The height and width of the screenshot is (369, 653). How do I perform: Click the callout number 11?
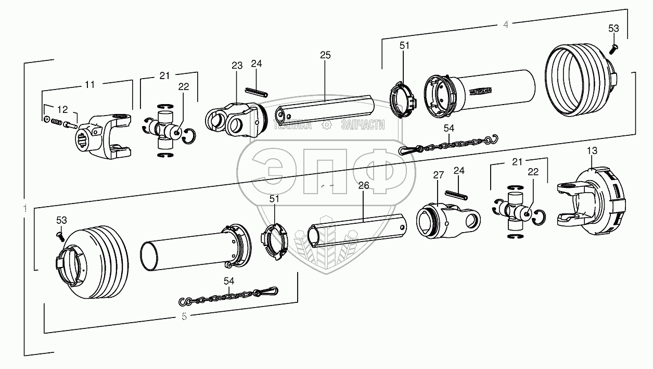[90, 83]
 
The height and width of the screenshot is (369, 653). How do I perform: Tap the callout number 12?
[62, 109]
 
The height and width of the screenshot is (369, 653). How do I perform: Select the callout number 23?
[237, 66]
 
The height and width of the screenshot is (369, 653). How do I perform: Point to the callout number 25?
[325, 55]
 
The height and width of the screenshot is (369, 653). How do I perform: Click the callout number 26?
[363, 185]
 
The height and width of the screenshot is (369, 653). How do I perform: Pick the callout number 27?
[438, 175]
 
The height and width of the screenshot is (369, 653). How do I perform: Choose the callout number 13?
[592, 150]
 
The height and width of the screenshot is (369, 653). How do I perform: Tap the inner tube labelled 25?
[326, 109]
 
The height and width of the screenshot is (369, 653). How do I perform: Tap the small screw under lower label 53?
[60, 236]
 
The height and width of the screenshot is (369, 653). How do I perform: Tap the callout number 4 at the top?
[505, 25]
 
